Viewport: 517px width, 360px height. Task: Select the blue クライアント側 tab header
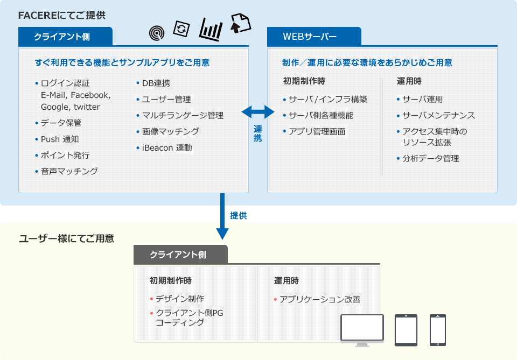point(65,37)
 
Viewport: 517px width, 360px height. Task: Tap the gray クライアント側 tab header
point(180,255)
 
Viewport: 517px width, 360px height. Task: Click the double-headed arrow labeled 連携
point(258,112)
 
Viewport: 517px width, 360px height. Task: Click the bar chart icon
point(211,29)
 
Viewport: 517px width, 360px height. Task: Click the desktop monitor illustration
point(362,330)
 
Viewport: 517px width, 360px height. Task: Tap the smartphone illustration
point(437,330)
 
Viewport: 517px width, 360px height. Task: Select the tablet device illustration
point(406,330)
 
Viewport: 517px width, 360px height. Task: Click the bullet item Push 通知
point(60,139)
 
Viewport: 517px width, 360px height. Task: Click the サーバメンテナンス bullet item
point(438,115)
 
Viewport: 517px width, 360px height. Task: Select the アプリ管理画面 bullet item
point(317,131)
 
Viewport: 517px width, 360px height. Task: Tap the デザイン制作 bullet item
point(179,299)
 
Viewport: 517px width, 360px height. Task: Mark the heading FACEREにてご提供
point(62,16)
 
